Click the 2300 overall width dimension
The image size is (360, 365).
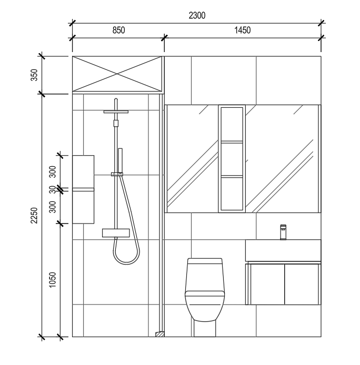pyautogui.click(x=197, y=16)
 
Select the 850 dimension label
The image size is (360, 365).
pyautogui.click(x=118, y=31)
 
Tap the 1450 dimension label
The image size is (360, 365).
pyautogui.click(x=242, y=31)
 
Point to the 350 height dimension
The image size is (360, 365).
pyautogui.click(x=34, y=75)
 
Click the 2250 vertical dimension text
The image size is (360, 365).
pyautogui.click(x=34, y=215)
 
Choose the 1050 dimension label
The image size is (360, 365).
pyautogui.click(x=53, y=280)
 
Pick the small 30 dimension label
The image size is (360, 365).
pyautogui.click(x=53, y=189)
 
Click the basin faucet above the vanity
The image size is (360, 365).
pyautogui.click(x=283, y=232)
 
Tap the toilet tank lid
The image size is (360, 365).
pyautogui.click(x=205, y=261)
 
